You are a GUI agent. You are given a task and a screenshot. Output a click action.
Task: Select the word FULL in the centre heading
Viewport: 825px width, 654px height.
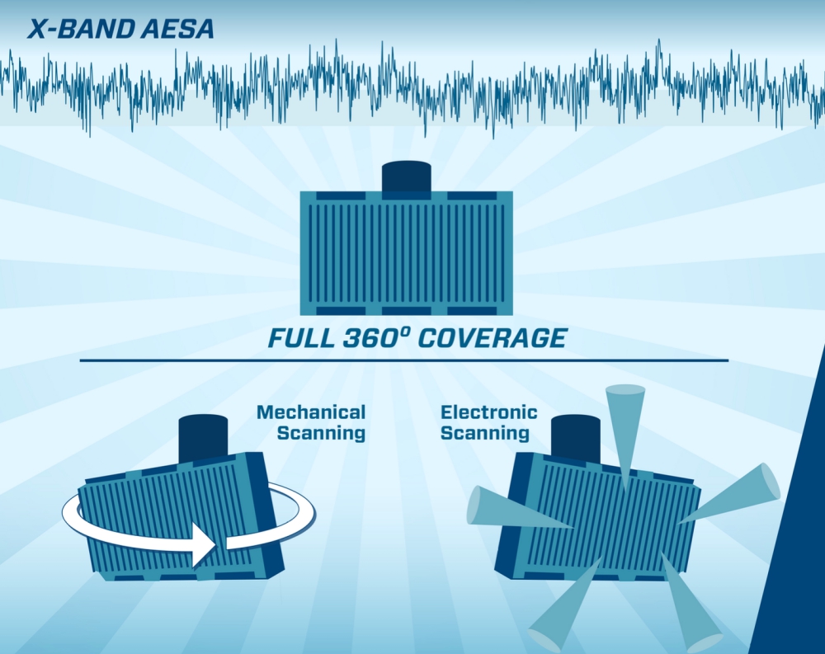301,338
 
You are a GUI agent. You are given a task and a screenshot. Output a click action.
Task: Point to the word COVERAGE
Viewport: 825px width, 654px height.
493,338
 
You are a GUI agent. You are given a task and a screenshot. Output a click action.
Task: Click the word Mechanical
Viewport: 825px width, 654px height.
311,412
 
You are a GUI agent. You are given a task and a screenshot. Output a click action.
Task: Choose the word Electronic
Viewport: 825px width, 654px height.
488,412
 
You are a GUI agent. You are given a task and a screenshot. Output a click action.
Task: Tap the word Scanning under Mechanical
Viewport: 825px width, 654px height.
321,433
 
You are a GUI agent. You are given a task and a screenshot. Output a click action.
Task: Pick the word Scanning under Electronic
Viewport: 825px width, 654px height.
484,433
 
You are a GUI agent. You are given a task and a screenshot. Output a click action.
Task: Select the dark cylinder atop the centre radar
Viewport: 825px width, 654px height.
406,178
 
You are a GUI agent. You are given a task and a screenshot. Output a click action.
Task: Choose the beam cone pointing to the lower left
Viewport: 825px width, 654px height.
566,605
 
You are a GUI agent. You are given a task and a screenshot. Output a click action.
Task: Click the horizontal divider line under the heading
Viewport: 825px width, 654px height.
404,360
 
